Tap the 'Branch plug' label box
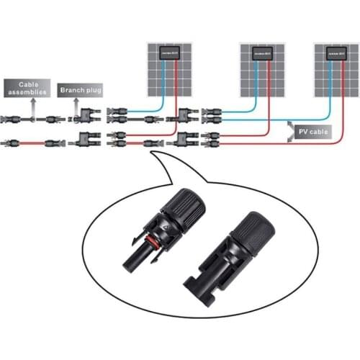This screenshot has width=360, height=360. [80, 90]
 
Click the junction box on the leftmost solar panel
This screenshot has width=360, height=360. [171, 54]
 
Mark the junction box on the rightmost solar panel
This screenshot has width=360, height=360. [336, 54]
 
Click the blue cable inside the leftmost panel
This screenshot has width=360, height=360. [163, 79]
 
